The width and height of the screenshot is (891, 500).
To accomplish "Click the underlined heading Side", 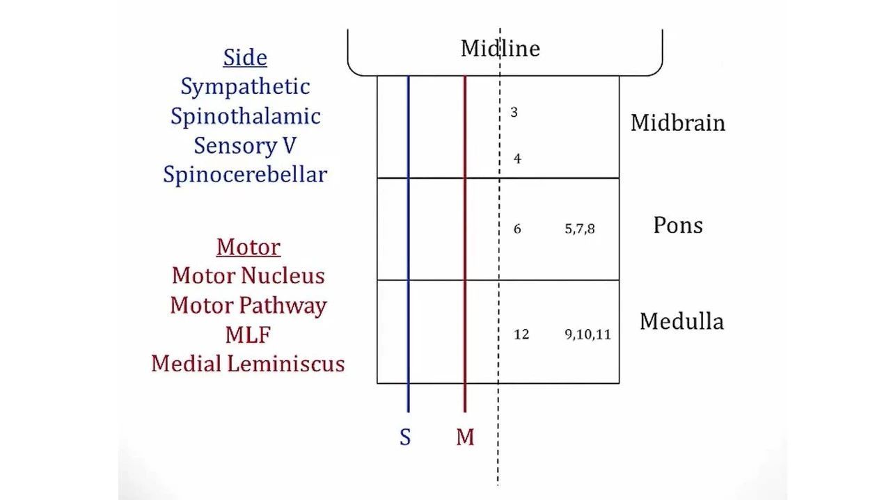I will click(x=245, y=57).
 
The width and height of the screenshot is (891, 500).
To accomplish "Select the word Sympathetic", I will click(x=245, y=87).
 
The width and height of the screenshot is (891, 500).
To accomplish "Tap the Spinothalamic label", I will click(x=245, y=116).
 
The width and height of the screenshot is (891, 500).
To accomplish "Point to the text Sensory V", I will click(x=245, y=145).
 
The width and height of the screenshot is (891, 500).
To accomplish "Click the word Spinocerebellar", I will click(x=245, y=174).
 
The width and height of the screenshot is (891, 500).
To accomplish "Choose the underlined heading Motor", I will click(x=249, y=247).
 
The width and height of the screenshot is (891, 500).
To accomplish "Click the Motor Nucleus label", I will click(x=249, y=275).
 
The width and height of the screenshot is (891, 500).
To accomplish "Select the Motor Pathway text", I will click(x=249, y=305).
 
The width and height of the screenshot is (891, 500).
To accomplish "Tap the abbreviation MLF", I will click(x=248, y=334).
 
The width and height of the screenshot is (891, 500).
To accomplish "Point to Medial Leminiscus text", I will click(x=248, y=363).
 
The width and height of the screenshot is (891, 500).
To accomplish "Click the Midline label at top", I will click(x=500, y=49).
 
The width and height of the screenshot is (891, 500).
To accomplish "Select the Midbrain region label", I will click(x=677, y=123).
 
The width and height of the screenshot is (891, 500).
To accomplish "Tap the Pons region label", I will click(x=677, y=225).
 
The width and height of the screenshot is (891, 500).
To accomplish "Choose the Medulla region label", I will click(x=681, y=321).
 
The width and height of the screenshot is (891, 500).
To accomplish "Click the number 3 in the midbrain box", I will click(x=514, y=112).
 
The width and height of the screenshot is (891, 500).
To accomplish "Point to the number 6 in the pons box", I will click(x=517, y=229).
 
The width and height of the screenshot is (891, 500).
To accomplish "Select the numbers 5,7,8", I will click(x=580, y=229).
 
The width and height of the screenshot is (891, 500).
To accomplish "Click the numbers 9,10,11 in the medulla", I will click(x=588, y=334).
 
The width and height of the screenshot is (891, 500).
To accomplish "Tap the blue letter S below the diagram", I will click(x=405, y=437).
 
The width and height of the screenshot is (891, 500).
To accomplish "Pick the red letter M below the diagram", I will click(x=465, y=437).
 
